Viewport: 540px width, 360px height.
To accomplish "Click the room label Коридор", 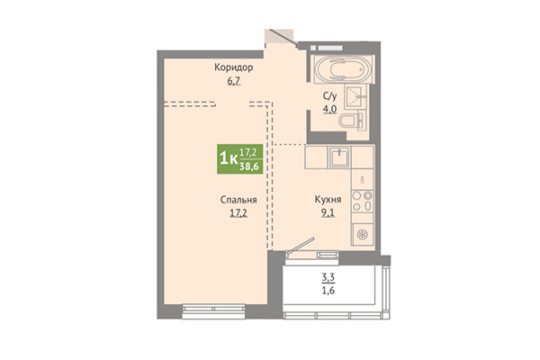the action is [233, 67].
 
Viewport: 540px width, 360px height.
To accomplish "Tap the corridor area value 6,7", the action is [233, 81].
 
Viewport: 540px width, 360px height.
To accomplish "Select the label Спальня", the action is [238, 200].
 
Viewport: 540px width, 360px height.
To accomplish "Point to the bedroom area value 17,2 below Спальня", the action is [238, 213].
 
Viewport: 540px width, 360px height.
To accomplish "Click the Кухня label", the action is [328, 200].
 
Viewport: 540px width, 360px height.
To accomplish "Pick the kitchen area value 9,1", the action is [328, 213].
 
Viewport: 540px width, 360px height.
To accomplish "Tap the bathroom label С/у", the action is [329, 95].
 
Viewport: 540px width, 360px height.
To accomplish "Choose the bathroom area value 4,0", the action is [329, 109].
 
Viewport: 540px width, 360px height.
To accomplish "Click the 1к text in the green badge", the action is [229, 159].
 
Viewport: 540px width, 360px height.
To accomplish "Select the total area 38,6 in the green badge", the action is [249, 167].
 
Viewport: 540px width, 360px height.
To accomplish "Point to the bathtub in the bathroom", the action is [343, 68].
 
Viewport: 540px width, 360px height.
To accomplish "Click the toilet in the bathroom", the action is [350, 121].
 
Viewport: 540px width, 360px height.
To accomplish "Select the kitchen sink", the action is [340, 157].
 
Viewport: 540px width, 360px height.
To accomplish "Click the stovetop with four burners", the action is [363, 201].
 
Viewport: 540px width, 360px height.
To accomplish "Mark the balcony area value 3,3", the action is [328, 277].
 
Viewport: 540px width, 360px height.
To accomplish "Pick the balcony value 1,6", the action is [328, 291].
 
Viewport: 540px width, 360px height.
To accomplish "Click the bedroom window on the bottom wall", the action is [213, 311].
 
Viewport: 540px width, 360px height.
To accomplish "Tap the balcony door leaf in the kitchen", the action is [301, 246].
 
